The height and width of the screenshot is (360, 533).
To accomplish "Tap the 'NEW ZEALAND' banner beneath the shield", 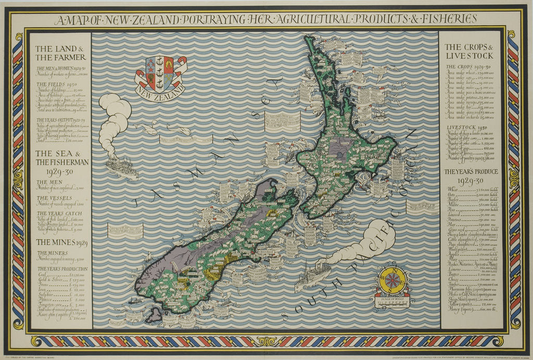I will pos(160,91).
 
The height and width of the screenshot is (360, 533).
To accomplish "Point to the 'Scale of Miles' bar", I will pos(392,301).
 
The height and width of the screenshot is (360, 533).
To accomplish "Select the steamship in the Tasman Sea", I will pos(121,168).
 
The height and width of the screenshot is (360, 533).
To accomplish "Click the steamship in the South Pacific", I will pos(313,275).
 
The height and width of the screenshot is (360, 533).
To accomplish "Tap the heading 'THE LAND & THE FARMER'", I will pos(58,53).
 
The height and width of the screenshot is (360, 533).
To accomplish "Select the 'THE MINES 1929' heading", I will pos(58,241).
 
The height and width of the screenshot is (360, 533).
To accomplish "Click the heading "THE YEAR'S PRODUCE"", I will pos(471,172).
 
